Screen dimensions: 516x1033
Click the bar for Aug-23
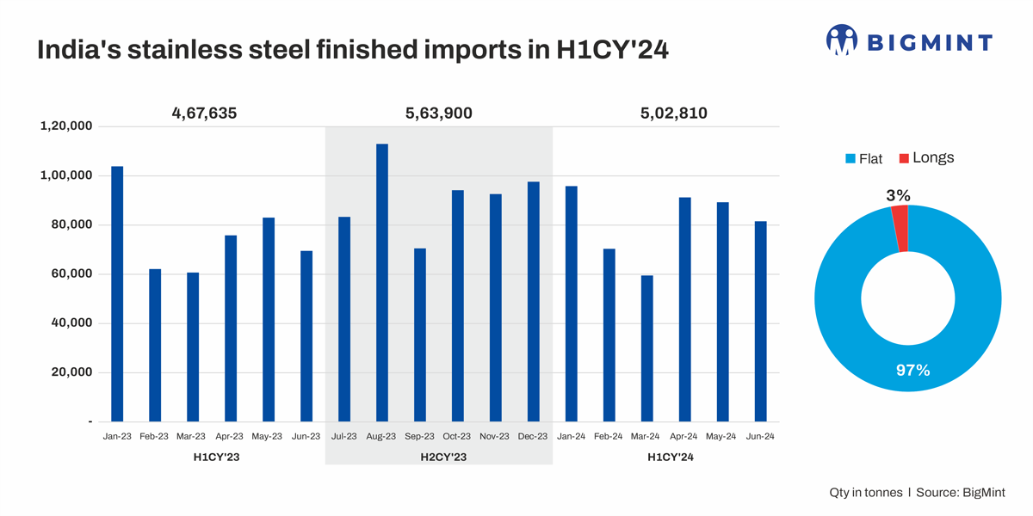pos(382,283)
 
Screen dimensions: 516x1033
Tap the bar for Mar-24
pos(646,348)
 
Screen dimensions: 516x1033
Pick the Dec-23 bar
pos(534,302)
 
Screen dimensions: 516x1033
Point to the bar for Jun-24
pos(760,322)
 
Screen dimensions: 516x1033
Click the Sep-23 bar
pos(420,335)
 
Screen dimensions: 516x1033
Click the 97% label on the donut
pos(912,371)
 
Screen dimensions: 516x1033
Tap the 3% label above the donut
pos(898,196)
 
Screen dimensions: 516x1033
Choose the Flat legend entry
pos(864,159)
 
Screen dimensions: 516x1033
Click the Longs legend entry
pos(926,158)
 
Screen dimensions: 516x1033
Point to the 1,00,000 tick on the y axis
pos(66,176)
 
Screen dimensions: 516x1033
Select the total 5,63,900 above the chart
pos(438,114)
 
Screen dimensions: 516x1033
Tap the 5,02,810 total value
pos(674,114)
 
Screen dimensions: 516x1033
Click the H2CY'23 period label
pos(438,458)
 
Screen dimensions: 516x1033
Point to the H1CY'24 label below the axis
pos(671,458)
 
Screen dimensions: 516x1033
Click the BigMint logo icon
pos(842,40)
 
